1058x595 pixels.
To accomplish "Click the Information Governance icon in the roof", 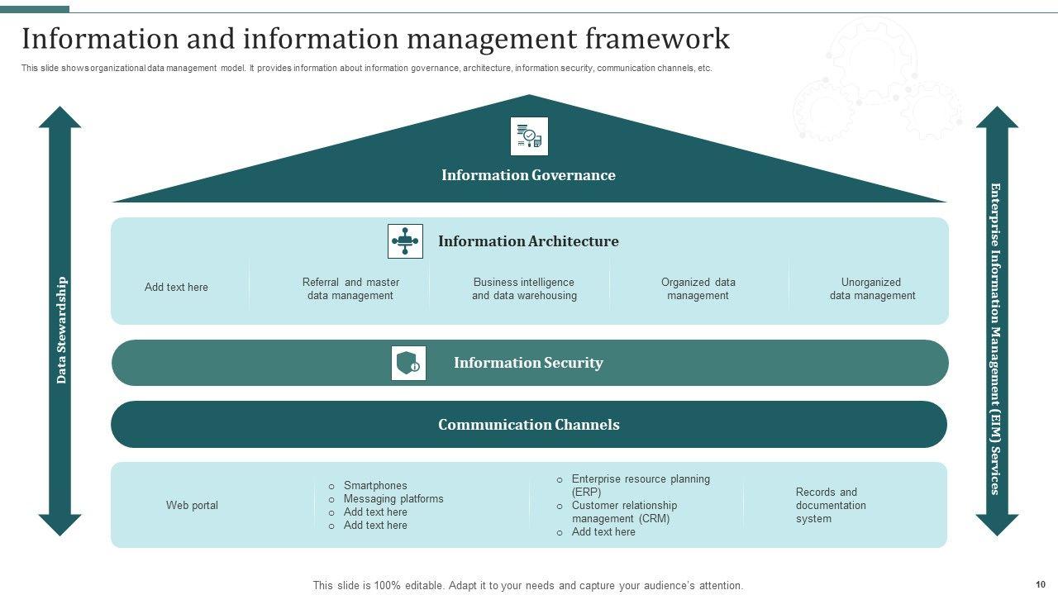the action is [x=529, y=136].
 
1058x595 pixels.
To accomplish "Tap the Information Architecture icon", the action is [x=405, y=241].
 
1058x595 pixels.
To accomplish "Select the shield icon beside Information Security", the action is [x=408, y=363].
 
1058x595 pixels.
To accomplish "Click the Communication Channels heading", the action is [x=528, y=425].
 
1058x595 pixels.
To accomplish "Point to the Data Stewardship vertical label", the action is [x=61, y=330].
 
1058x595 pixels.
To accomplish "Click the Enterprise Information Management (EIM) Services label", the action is [x=995, y=338].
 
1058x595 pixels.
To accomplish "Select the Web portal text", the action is [x=192, y=505].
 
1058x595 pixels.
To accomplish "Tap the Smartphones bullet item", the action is [x=375, y=485].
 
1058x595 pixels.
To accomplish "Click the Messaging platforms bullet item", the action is [x=393, y=498].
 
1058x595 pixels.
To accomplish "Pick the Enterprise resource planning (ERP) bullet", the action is [x=641, y=485].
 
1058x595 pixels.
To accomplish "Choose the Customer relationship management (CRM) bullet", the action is [x=624, y=512].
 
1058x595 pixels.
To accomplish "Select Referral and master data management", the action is [x=350, y=288].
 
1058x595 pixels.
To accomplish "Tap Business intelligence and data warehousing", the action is [x=524, y=288].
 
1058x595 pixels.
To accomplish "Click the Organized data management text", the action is [x=698, y=288].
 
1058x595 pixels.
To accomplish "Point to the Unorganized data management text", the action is [x=872, y=288].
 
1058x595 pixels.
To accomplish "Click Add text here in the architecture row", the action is [x=176, y=287].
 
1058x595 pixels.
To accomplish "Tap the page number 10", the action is [x=1040, y=584].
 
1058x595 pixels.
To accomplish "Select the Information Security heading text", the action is [x=528, y=363].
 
